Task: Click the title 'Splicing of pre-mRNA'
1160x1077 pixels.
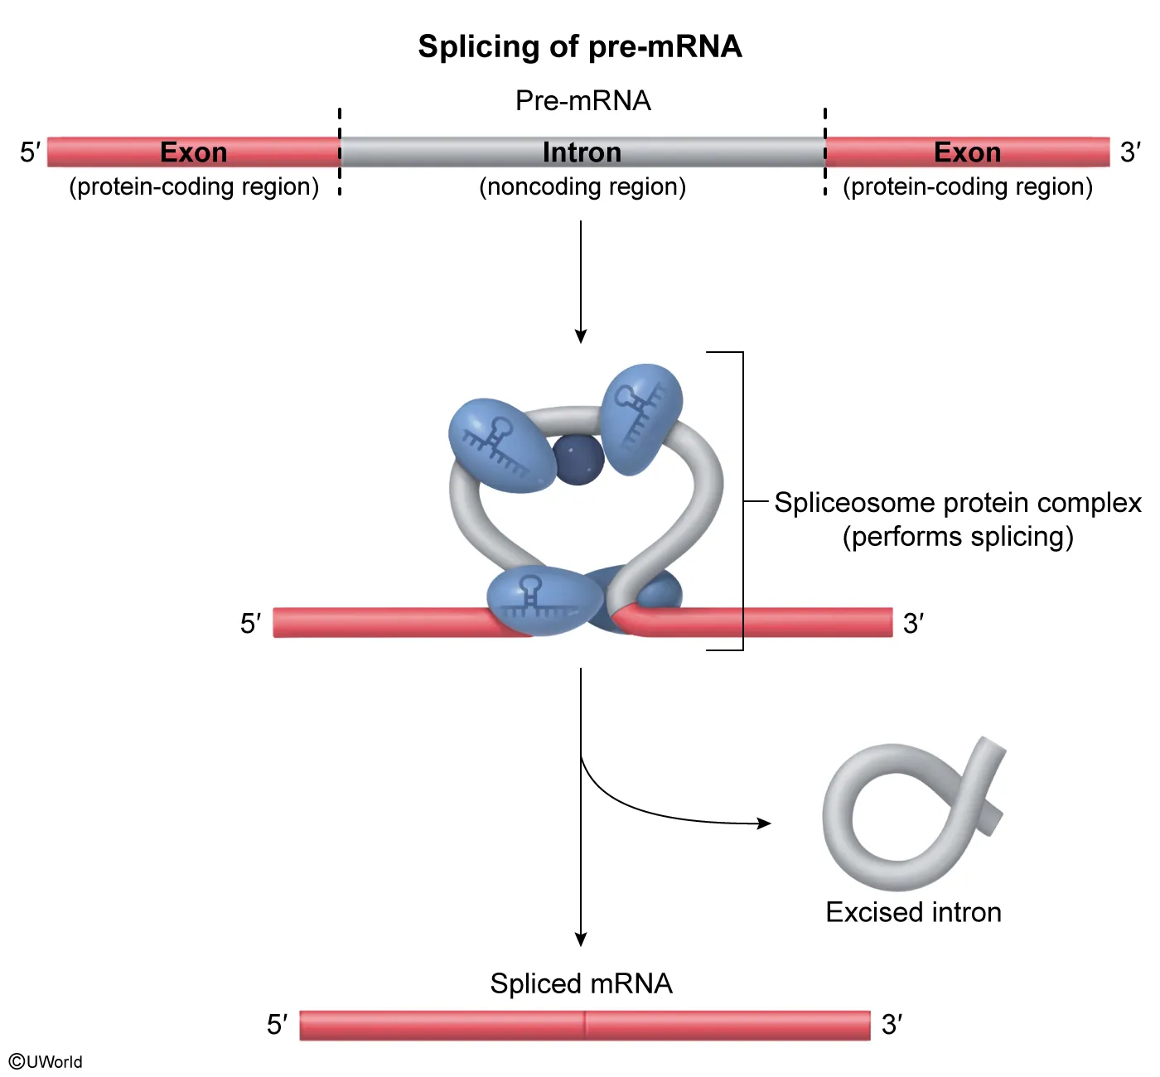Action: click(579, 46)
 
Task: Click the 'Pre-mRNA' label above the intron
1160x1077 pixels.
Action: click(582, 100)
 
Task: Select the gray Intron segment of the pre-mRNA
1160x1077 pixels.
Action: click(464, 152)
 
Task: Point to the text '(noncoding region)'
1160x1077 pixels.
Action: click(582, 186)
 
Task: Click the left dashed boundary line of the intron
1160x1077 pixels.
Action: click(340, 124)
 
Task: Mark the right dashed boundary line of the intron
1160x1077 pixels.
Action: click(825, 124)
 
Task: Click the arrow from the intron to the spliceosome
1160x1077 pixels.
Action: click(581, 282)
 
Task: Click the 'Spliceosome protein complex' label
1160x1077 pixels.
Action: click(958, 503)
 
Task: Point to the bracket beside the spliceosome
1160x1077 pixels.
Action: click(742, 501)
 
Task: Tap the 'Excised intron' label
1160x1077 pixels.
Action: click(913, 912)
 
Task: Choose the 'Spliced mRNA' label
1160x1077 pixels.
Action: click(581, 983)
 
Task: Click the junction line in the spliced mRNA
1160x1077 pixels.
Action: click(585, 1026)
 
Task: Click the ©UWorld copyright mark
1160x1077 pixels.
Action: click(46, 1062)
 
